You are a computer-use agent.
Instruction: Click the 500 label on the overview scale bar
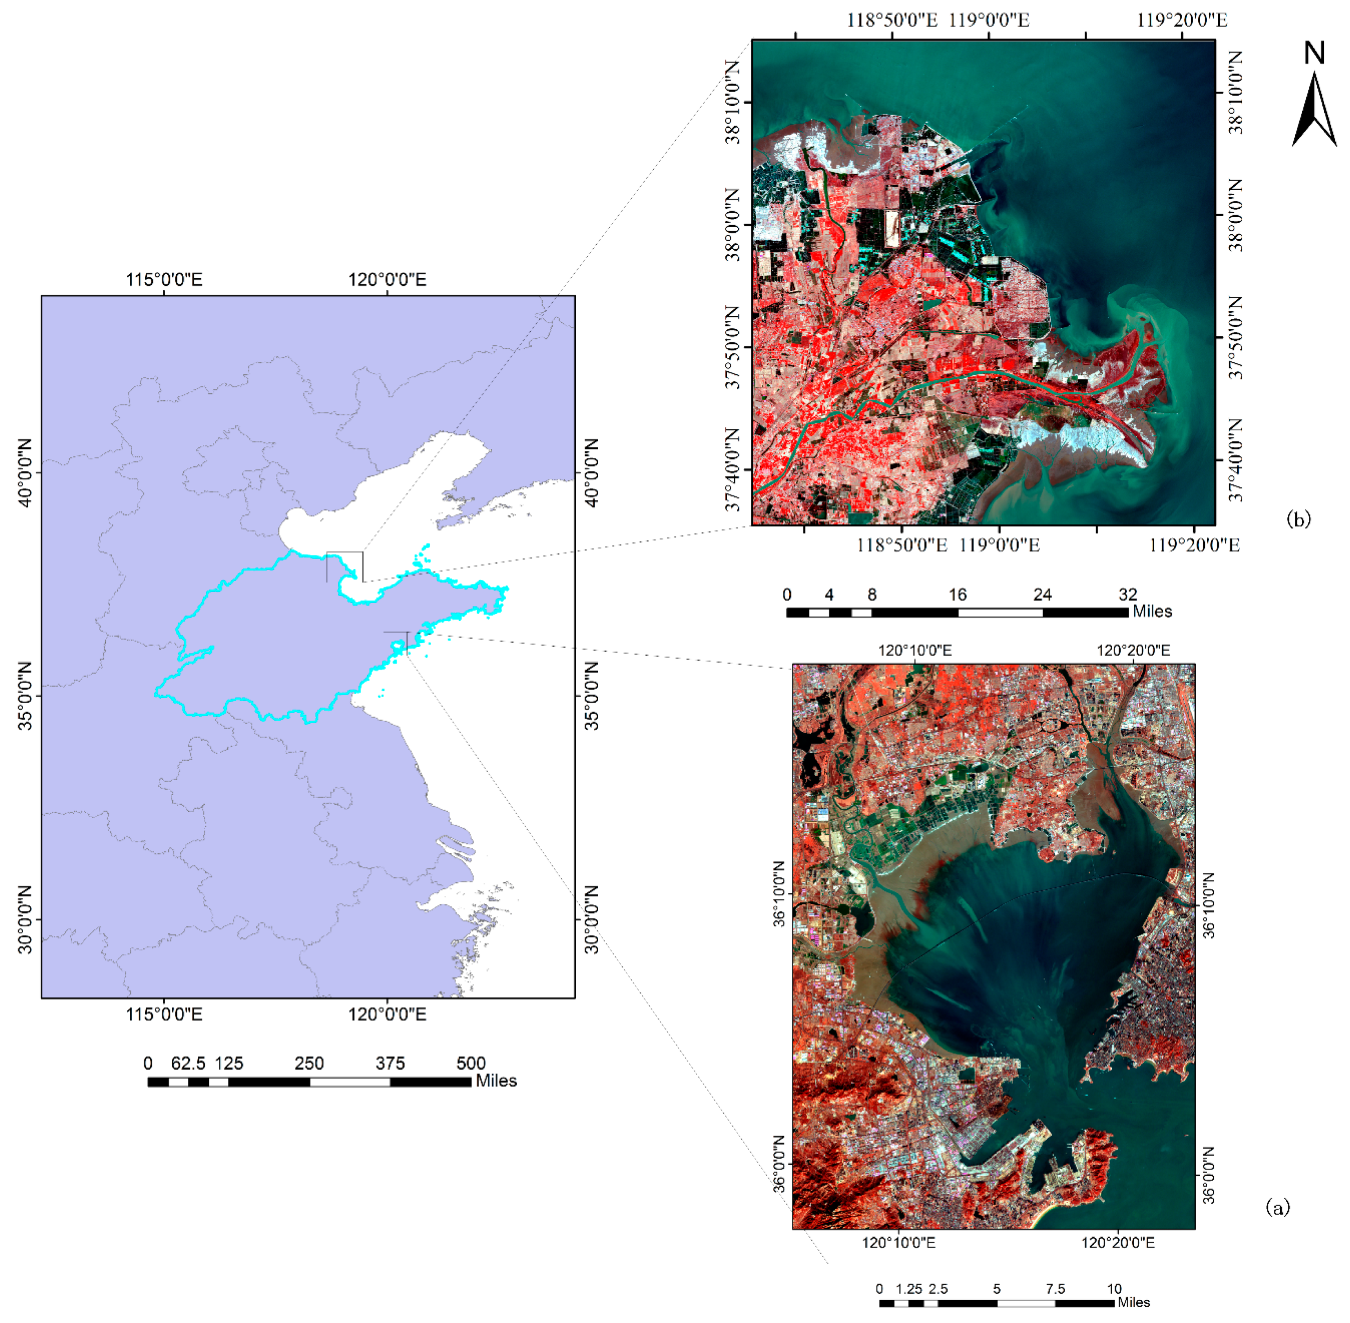471,1063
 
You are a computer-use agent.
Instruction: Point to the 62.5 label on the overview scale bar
188,1063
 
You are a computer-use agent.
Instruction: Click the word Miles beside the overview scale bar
496,1081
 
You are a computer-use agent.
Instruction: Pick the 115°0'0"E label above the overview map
164,280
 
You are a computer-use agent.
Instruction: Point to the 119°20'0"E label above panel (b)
1181,20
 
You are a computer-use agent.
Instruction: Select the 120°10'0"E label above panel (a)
915,651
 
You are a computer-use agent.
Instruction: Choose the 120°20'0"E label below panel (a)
1117,1242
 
